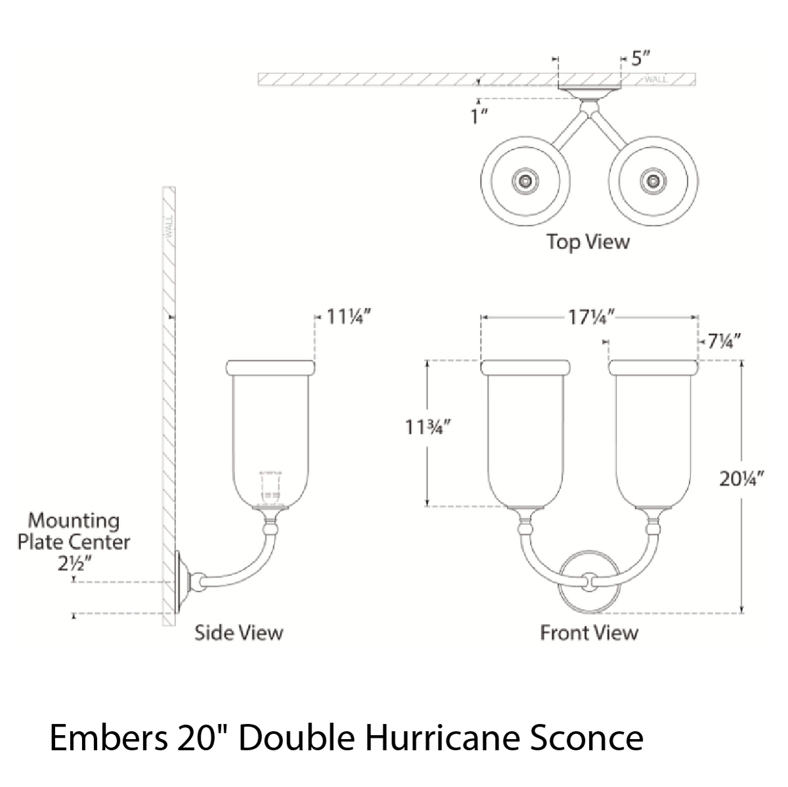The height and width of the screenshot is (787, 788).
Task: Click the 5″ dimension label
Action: click(640, 58)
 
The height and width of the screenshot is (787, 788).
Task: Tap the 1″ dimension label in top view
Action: click(479, 117)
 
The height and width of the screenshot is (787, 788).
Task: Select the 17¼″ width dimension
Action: click(591, 317)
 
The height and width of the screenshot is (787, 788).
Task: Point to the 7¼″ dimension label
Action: click(724, 341)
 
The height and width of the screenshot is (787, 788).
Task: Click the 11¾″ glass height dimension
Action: click(427, 428)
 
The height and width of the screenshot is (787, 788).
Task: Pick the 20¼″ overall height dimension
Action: click(741, 479)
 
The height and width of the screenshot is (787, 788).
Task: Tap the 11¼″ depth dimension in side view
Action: click(349, 317)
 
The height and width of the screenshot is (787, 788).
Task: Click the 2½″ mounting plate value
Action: click(74, 564)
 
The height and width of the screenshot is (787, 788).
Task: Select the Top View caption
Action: click(588, 242)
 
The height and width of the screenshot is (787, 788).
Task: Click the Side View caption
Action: click(239, 633)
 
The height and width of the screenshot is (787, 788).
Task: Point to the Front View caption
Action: click(589, 633)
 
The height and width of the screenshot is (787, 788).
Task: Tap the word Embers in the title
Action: click(108, 738)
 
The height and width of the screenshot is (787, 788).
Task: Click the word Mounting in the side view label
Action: click(74, 522)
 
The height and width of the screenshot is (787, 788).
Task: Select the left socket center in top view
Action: click(525, 181)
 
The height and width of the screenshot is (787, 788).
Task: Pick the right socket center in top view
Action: click(653, 181)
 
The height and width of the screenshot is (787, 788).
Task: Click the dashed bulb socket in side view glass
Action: click(271, 488)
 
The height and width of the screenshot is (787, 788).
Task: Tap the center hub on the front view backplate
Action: click(589, 581)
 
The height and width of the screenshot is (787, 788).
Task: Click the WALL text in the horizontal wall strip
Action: click(656, 79)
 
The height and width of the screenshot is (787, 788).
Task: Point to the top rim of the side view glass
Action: click(271, 367)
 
